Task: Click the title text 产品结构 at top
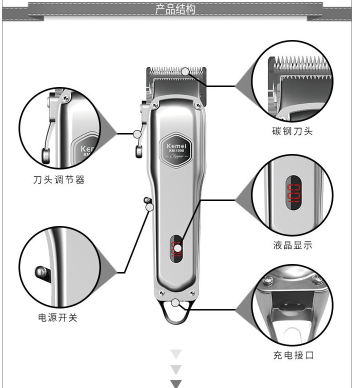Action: pos(175,9)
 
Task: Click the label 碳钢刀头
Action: pos(292,131)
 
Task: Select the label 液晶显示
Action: pos(292,245)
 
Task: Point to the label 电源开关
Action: pos(58,317)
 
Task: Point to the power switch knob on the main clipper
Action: pos(147,201)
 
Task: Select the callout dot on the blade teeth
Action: pos(185,71)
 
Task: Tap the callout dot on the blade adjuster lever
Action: pos(137,134)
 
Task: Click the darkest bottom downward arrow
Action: pos(176,384)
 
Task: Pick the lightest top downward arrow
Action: pos(176,354)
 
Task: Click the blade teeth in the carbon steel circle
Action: pos(300,65)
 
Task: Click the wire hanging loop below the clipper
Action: pos(175,314)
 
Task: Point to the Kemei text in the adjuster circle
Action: pos(90,149)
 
